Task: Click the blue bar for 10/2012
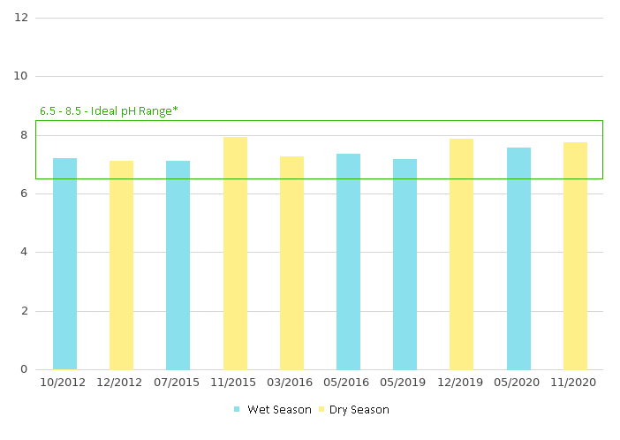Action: click(64, 263)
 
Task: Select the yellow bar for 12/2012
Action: click(121, 265)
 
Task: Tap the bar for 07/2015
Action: click(178, 265)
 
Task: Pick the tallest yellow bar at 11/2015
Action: click(235, 253)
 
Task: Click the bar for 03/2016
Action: click(291, 262)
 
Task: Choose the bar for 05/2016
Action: click(348, 262)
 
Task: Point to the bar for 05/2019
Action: click(405, 264)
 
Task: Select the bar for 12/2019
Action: click(461, 254)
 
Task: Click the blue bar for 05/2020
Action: click(518, 258)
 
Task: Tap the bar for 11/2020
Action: click(575, 255)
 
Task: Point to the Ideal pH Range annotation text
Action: click(109, 111)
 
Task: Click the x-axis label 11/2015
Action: click(235, 383)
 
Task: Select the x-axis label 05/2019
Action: click(405, 383)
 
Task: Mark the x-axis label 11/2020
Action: click(575, 383)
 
